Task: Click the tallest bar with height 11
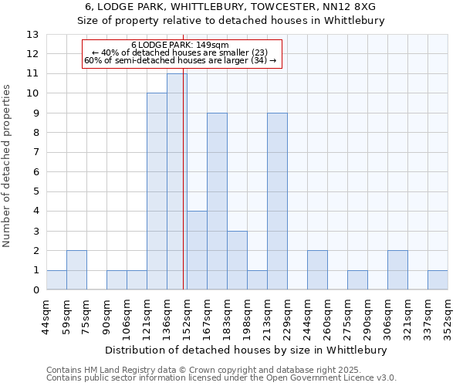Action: [177, 181]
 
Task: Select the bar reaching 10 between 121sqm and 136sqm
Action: [157, 191]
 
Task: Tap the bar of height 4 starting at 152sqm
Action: [197, 250]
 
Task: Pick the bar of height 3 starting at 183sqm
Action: [237, 260]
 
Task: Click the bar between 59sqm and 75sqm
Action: [76, 270]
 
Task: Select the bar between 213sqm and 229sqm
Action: [277, 201]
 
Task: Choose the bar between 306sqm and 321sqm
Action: [397, 270]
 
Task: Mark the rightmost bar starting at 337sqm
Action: [438, 280]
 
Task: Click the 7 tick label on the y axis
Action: [35, 153]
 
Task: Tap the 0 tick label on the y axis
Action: [35, 290]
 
